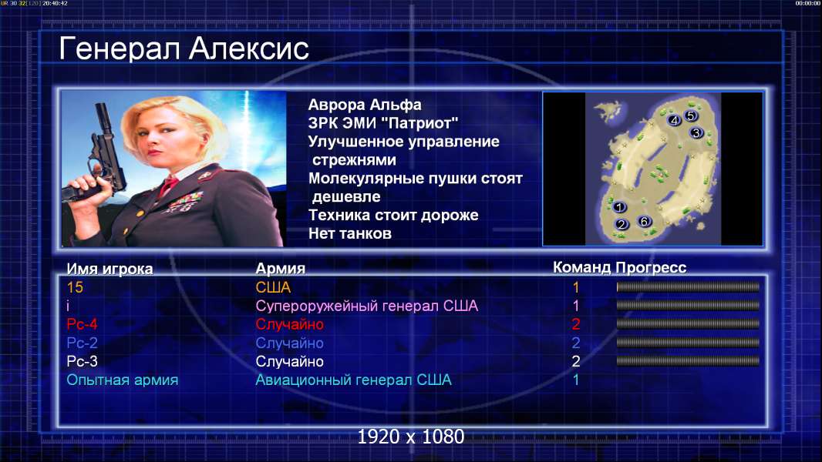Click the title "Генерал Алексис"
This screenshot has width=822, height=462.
pos(184,49)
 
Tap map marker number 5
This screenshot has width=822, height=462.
pos(690,115)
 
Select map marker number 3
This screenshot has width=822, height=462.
pos(696,133)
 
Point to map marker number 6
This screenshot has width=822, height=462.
pos(645,221)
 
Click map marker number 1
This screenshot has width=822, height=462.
pos(619,207)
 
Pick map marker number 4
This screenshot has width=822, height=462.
pos(674,120)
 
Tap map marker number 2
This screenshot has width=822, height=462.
pos(622,225)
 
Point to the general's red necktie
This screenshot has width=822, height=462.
pos(168,185)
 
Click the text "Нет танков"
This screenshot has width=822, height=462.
pos(349,233)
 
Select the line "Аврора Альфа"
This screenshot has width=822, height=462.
pos(364,105)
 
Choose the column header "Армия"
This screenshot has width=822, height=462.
pos(280,269)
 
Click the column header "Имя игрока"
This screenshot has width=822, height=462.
pos(109,269)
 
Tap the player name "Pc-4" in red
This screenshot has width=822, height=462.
pos(82,324)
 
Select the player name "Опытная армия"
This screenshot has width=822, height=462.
pos(122,380)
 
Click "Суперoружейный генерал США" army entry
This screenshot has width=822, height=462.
pos(366,306)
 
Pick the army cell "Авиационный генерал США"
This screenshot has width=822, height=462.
pos(353,380)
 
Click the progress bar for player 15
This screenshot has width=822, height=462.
pos(688,286)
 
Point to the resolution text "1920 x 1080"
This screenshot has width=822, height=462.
pos(411,437)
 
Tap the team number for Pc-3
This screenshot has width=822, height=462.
pos(575,361)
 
